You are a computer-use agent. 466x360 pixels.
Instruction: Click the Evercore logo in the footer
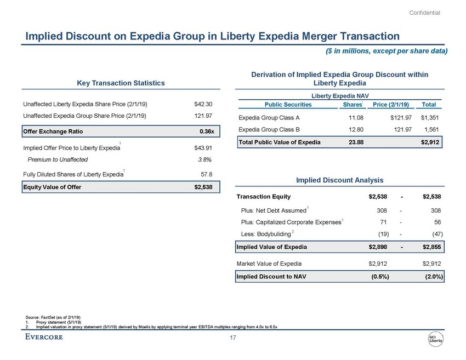tap(44, 337)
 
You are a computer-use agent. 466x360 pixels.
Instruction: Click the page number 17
tap(233, 338)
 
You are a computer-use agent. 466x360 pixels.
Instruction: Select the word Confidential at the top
tap(425, 13)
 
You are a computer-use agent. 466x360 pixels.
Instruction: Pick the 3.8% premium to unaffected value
tap(204, 159)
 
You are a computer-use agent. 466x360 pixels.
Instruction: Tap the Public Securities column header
tap(288, 105)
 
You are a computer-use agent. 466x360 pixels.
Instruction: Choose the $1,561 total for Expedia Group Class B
tap(432, 129)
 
